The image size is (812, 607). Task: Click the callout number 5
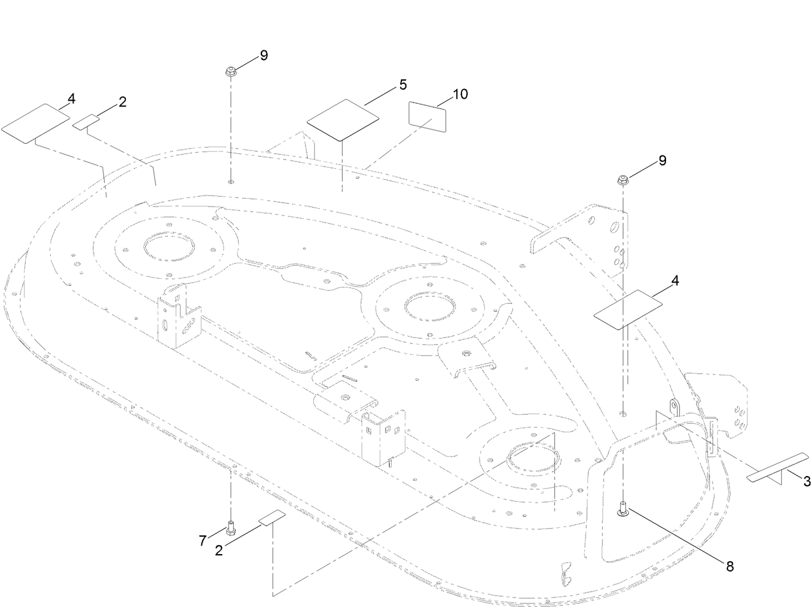click(x=403, y=85)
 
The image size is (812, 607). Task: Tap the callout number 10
click(x=460, y=94)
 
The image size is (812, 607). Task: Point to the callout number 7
click(x=202, y=541)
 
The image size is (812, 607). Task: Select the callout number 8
click(x=730, y=567)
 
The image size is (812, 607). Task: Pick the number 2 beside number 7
click(x=219, y=550)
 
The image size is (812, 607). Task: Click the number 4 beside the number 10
click(x=675, y=281)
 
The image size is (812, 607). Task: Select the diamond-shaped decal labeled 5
click(x=343, y=120)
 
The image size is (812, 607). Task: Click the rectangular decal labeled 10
click(x=427, y=117)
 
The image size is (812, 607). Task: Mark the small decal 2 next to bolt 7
click(x=272, y=517)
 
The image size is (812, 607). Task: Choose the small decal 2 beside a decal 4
click(x=86, y=122)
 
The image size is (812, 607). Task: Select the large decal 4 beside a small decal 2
click(x=36, y=123)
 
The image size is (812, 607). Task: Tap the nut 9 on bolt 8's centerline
click(x=623, y=181)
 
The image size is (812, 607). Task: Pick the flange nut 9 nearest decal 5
click(x=231, y=70)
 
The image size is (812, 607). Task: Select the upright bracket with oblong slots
click(x=179, y=317)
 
